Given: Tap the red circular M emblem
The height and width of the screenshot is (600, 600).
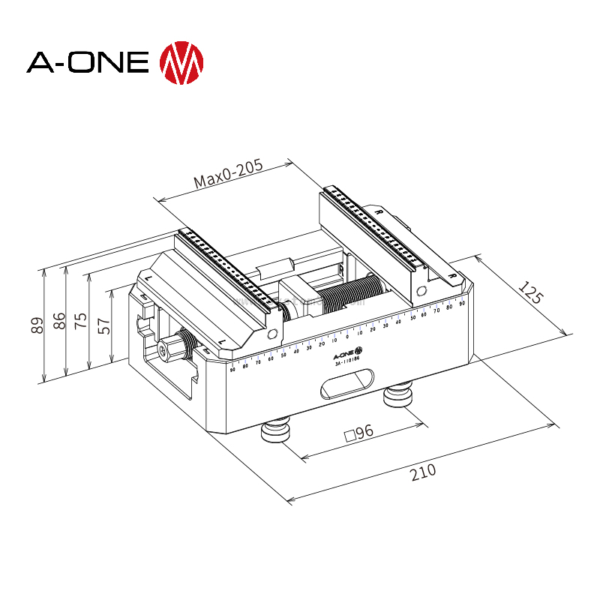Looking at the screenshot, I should (x=182, y=61).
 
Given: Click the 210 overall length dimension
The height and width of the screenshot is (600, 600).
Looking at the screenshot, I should (x=423, y=472).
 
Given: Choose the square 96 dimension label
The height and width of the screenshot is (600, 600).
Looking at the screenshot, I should (x=358, y=433).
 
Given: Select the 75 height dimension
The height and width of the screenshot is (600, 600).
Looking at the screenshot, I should (x=81, y=321).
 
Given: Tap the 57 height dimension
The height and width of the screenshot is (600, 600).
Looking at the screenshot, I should (x=104, y=325).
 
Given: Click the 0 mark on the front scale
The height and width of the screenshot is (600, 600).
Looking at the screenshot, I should (x=347, y=334).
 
